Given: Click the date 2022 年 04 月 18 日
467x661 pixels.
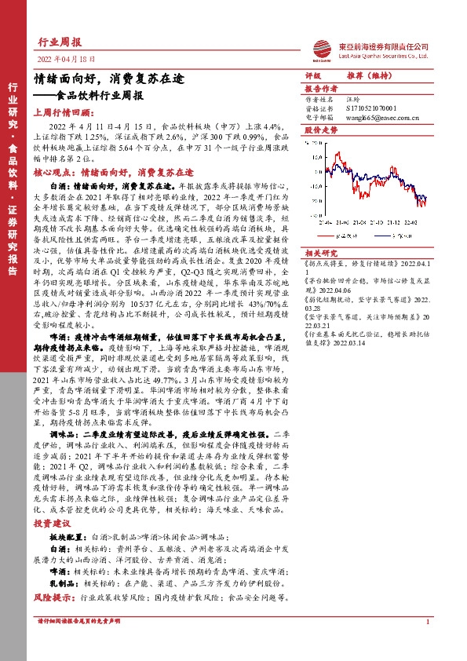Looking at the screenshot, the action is tap(65, 59).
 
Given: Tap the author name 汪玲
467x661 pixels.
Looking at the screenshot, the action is tap(356, 100).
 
